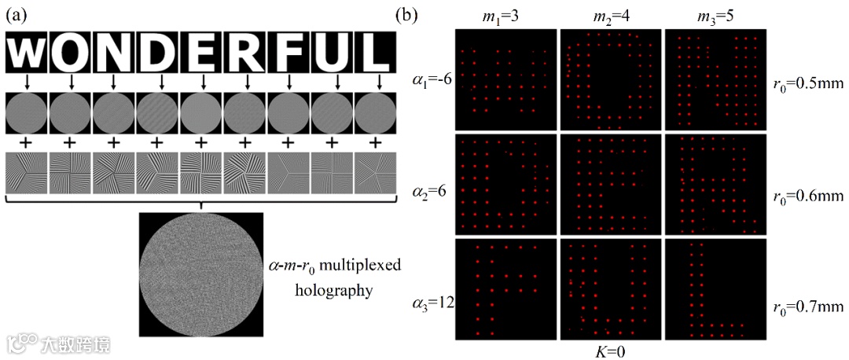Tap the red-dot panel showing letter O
click(611, 79)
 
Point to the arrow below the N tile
click(114, 81)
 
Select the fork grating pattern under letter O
click(71, 172)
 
